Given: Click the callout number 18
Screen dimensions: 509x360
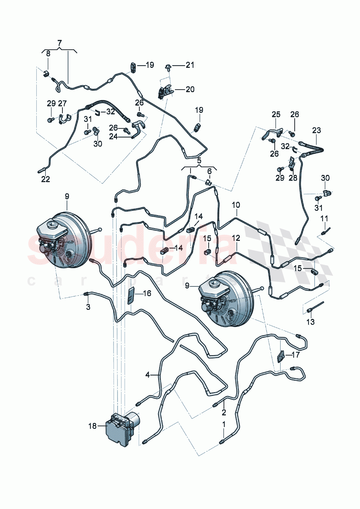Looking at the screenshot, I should [x=93, y=426].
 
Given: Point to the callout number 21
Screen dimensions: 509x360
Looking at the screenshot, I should [x=190, y=65].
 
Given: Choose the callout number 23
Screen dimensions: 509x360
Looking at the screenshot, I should [x=316, y=130].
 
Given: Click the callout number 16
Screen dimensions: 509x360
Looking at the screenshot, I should [x=147, y=293].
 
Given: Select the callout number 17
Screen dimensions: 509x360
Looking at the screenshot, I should [x=295, y=354].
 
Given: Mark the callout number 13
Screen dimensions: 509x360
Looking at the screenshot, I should [x=310, y=322].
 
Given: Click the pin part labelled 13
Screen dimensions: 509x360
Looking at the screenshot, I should [x=315, y=306].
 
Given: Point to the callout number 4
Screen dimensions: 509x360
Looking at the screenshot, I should [x=147, y=375].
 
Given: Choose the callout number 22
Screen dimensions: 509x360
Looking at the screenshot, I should [x=45, y=179].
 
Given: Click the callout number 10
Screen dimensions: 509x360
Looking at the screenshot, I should [x=236, y=205].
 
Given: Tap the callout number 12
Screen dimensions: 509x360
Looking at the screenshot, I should [x=236, y=238].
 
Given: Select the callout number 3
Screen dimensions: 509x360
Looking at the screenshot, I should [x=88, y=307].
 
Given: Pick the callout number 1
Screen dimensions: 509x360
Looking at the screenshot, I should [x=224, y=424].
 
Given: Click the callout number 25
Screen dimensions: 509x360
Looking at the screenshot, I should [x=276, y=115].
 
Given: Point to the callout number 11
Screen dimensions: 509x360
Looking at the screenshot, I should [x=324, y=218].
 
